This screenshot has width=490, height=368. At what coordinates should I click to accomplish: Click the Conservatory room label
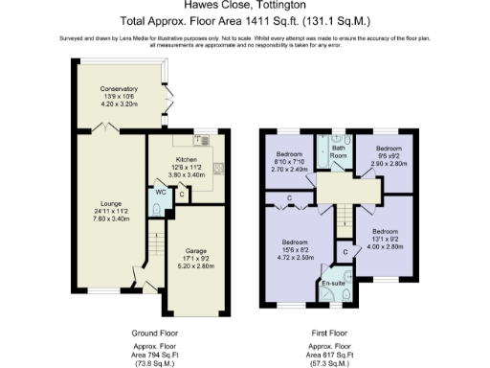(x=121, y=89)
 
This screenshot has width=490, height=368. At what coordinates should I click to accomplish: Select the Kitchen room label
(x=186, y=159)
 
